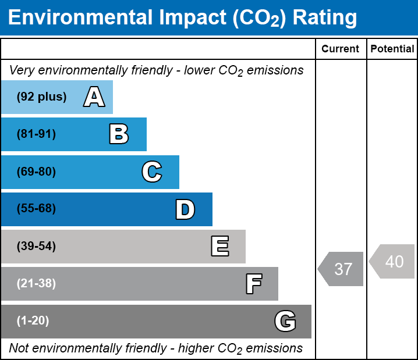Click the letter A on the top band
[94, 97]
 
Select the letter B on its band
[119, 134]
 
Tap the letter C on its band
[151, 172]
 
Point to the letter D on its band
[185, 209]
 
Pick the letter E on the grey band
[219, 247]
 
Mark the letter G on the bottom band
[285, 321]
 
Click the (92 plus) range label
[41, 97]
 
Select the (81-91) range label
[36, 134]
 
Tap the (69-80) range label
[36, 172]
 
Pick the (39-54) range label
[36, 247]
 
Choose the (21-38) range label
[36, 284]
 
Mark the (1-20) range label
[33, 321]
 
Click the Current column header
[341, 49]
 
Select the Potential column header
[392, 49]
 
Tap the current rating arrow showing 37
[342, 269]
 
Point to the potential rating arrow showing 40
[393, 262]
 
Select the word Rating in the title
[324, 18]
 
